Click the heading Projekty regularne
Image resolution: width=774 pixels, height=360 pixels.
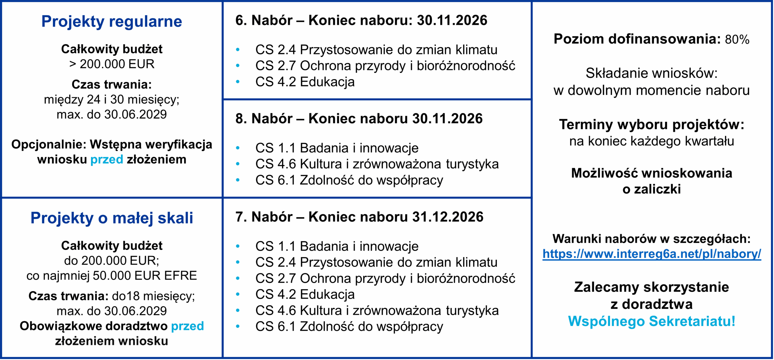(x=112, y=21)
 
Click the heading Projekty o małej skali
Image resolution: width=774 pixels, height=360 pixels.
(x=112, y=218)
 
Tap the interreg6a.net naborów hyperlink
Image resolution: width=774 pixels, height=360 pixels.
(x=652, y=254)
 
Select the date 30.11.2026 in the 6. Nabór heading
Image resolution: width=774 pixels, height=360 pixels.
(x=452, y=21)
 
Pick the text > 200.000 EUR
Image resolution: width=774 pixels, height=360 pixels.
(x=112, y=64)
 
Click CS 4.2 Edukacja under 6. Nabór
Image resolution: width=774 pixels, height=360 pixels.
(x=305, y=82)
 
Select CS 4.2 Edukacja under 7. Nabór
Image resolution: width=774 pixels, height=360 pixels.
(x=305, y=294)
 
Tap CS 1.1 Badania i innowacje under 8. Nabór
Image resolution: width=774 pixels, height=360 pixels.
(x=337, y=148)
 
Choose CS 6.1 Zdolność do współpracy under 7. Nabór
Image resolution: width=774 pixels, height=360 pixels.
(x=349, y=326)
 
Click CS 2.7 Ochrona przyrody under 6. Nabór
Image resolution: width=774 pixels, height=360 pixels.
(x=385, y=66)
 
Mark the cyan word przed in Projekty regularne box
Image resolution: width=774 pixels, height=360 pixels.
(x=107, y=160)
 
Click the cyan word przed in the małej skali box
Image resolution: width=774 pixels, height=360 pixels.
(x=187, y=326)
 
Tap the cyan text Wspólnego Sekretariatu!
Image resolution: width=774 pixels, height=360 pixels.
(x=652, y=321)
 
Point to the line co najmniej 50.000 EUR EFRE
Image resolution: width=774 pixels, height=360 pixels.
(x=112, y=276)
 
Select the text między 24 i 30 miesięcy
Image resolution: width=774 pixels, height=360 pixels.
(x=112, y=99)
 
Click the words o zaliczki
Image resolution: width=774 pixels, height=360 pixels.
(x=652, y=190)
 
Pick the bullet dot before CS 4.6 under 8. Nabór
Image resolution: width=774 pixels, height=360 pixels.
(x=238, y=164)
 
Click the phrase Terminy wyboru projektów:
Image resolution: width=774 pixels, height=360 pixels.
(x=652, y=125)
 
